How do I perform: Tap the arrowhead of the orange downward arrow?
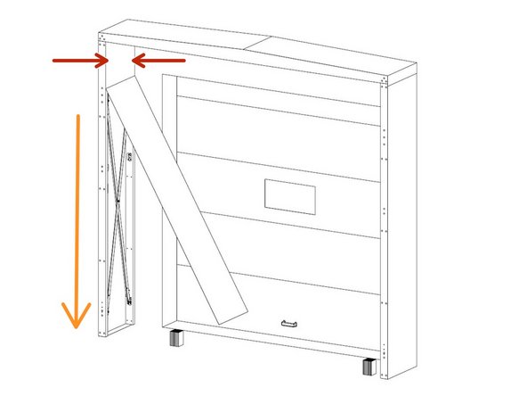[76, 317]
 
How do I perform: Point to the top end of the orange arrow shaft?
[79, 116]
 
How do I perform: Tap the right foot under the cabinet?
[369, 366]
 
